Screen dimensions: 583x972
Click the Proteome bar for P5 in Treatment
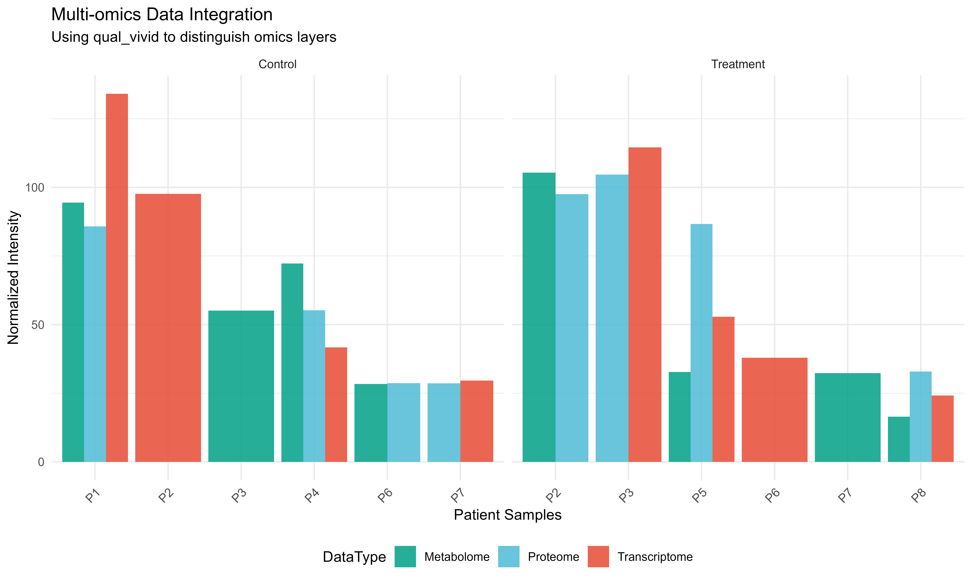point(701,343)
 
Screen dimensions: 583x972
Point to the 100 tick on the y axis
point(35,187)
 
